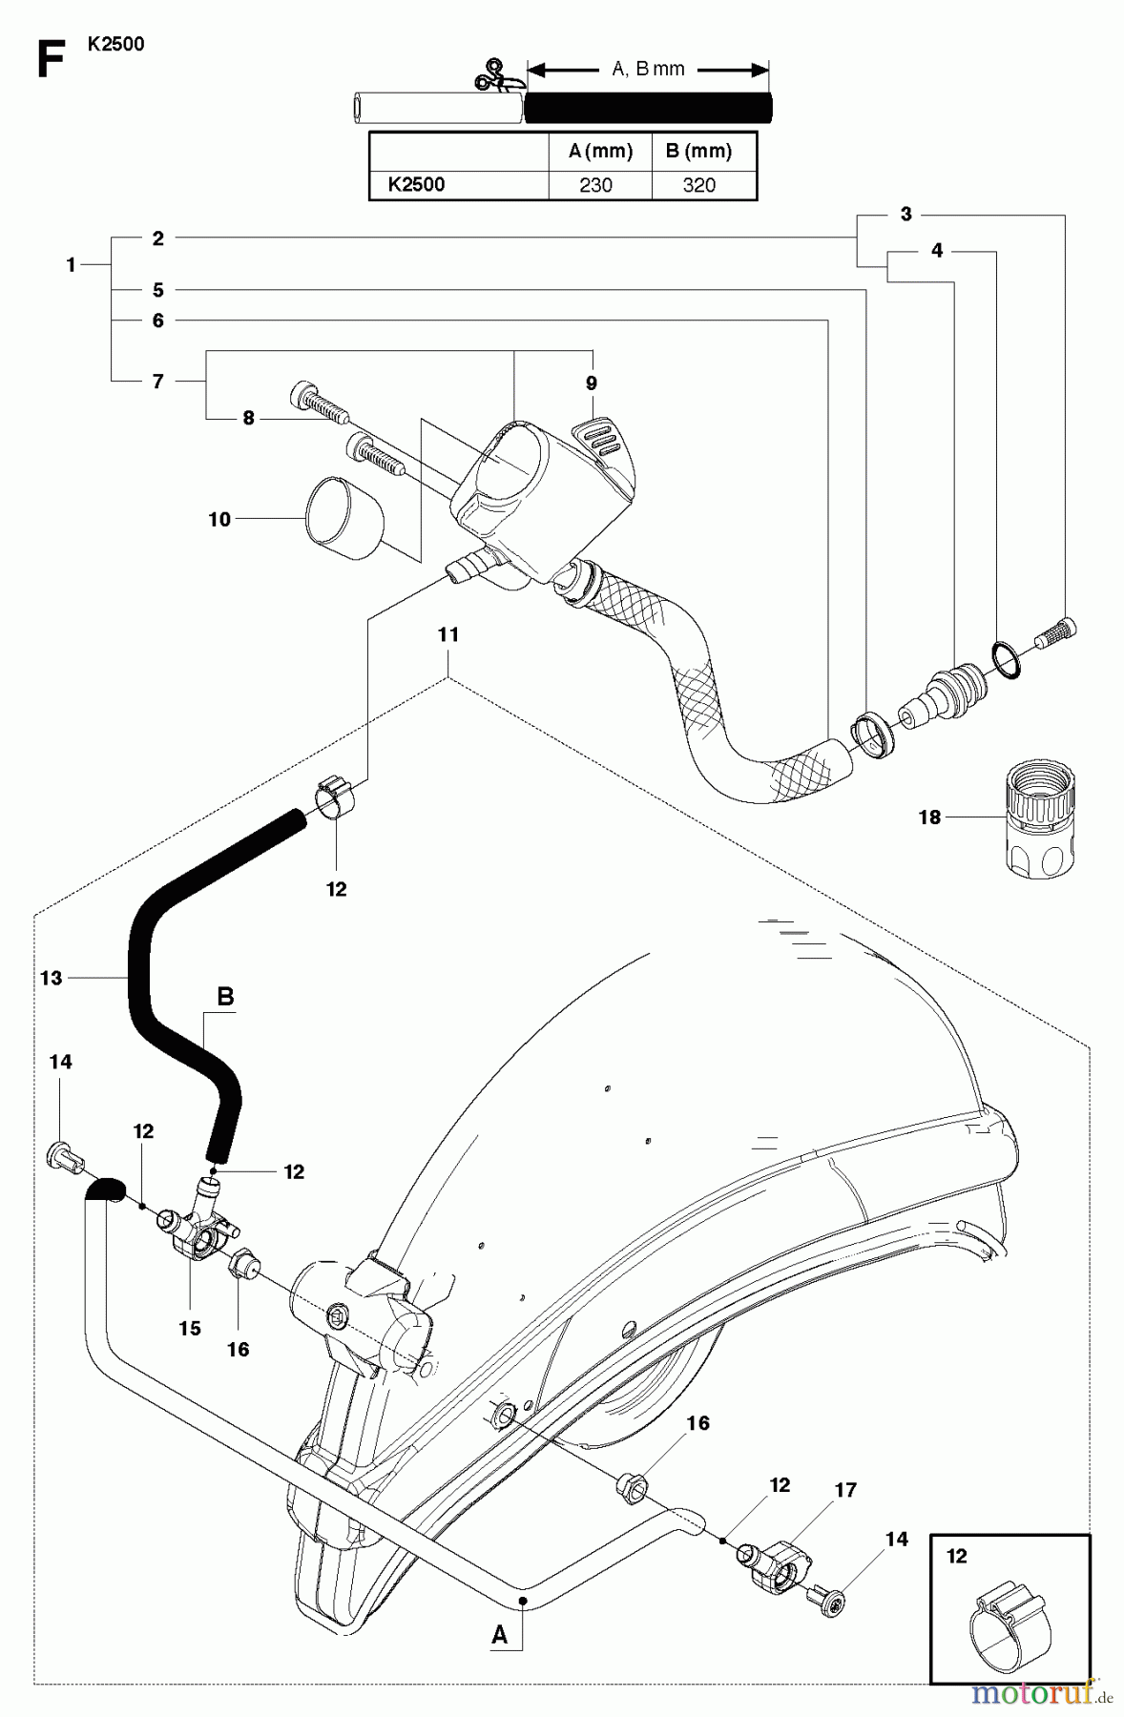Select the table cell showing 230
[x=596, y=185]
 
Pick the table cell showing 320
[x=699, y=185]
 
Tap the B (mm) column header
[x=699, y=151]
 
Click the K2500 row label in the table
[x=417, y=185]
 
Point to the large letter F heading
[x=50, y=60]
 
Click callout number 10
[x=219, y=519]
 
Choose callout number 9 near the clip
[x=592, y=383]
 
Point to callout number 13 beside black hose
[x=52, y=977]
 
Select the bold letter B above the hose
[x=225, y=997]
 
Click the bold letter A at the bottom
[x=499, y=1635]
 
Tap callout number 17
[x=845, y=1489]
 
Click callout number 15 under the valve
[x=190, y=1327]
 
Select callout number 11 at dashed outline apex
[x=448, y=634]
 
